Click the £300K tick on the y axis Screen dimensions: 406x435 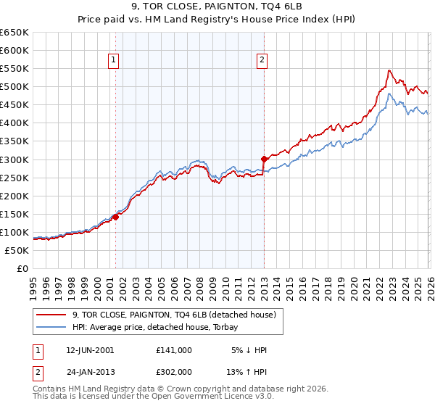click(14, 159)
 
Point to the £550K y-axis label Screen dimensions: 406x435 click(14, 69)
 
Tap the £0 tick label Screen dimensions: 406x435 click(22, 268)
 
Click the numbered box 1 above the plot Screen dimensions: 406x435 click(115, 61)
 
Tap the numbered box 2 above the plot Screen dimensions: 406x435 click(262, 61)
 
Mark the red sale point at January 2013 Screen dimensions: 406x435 click(264, 159)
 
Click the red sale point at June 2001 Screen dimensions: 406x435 click(115, 217)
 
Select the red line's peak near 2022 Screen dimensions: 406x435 click(389, 70)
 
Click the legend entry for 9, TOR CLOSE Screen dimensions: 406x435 click(174, 315)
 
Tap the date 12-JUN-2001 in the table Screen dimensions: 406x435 click(90, 350)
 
